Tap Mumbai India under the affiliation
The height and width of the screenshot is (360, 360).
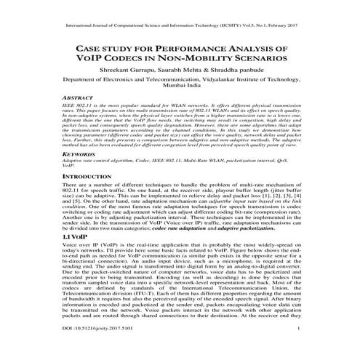pyautogui.click(x=180, y=92)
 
